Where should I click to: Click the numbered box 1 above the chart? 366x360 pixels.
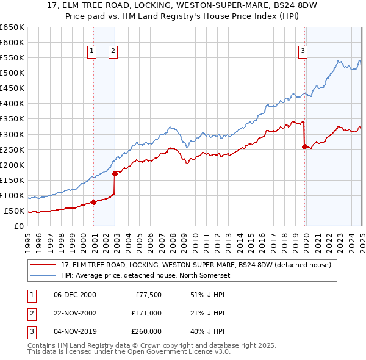pyautogui.click(x=91, y=52)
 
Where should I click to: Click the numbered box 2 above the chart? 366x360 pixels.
pyautogui.click(x=113, y=52)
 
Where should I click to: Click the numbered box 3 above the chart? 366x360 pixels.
pyautogui.click(x=303, y=52)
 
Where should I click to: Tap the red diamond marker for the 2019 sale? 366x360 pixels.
pyautogui.click(x=304, y=146)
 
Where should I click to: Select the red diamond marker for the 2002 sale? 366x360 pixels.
pyautogui.click(x=115, y=173)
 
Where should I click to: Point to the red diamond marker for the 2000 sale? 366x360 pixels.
pyautogui.click(x=93, y=202)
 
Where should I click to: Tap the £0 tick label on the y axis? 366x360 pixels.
pyautogui.click(x=19, y=226)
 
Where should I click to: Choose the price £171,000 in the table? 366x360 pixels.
pyautogui.click(x=147, y=313)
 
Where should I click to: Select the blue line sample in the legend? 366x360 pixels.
pyautogui.click(x=43, y=275)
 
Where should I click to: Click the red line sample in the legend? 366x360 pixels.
pyautogui.click(x=43, y=265)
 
